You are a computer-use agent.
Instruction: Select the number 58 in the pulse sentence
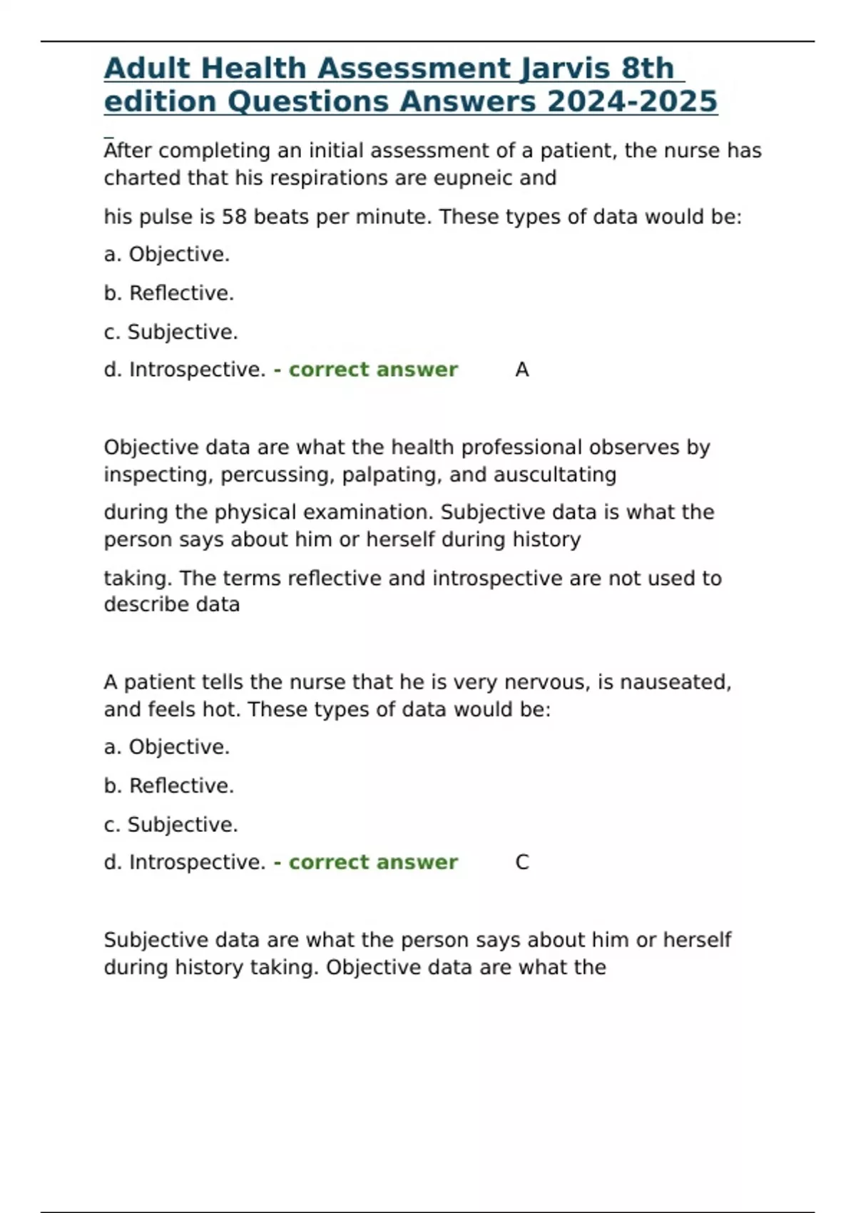234,216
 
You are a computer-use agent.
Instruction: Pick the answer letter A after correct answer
521,370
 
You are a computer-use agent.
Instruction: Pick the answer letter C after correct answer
521,862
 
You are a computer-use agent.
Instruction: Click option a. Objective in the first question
167,254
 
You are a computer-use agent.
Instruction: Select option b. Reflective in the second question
169,786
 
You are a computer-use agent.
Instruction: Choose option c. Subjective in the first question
170,332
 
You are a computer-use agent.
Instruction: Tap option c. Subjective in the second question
170,824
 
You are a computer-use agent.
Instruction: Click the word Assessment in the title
414,68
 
